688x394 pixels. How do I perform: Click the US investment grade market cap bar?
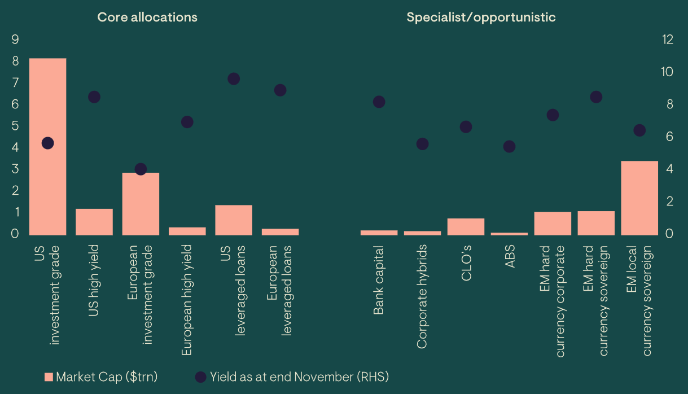pyautogui.click(x=47, y=186)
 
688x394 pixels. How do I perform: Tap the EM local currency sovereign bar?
pyautogui.click(x=639, y=198)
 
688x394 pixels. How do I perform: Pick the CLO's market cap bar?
pyautogui.click(x=466, y=226)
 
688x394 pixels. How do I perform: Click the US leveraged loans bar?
pyautogui.click(x=234, y=220)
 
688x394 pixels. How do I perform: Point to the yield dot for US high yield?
pyautogui.click(x=94, y=97)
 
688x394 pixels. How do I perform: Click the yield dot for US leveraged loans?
pyautogui.click(x=234, y=78)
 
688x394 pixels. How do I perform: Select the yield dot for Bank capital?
pyautogui.click(x=379, y=102)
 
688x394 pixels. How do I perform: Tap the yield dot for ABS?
pyautogui.click(x=509, y=147)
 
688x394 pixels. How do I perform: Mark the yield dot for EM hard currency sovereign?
pyautogui.click(x=596, y=97)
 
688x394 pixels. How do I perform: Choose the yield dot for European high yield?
pyautogui.click(x=187, y=122)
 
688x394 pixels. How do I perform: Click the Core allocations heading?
pyautogui.click(x=147, y=17)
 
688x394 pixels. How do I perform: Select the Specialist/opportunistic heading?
pyautogui.click(x=481, y=17)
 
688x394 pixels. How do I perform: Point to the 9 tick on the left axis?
pyautogui.click(x=15, y=40)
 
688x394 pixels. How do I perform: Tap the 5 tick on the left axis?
pyautogui.click(x=15, y=126)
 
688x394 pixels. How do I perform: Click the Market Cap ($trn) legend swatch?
pyautogui.click(x=49, y=377)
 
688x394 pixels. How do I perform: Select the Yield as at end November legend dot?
pyautogui.click(x=200, y=377)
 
